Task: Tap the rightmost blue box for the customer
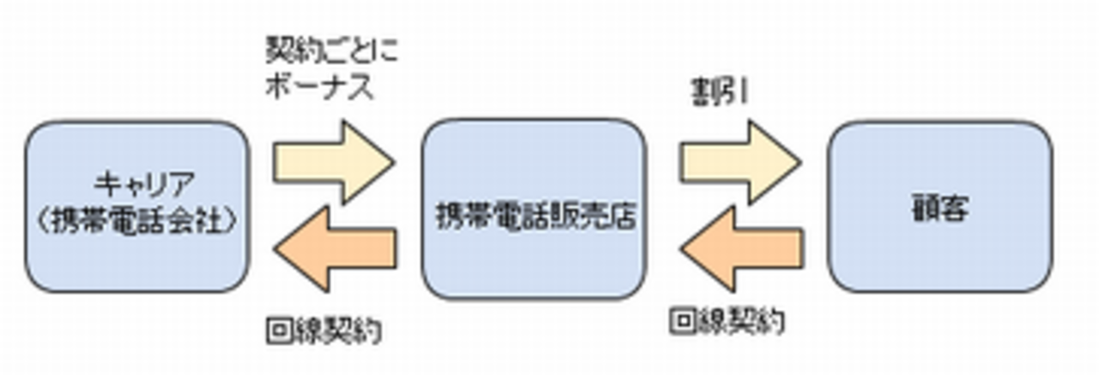[x=939, y=206]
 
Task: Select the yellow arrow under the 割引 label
[x=741, y=161]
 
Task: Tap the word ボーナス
[x=319, y=88]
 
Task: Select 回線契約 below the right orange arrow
[x=727, y=322]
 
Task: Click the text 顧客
[x=939, y=208]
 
